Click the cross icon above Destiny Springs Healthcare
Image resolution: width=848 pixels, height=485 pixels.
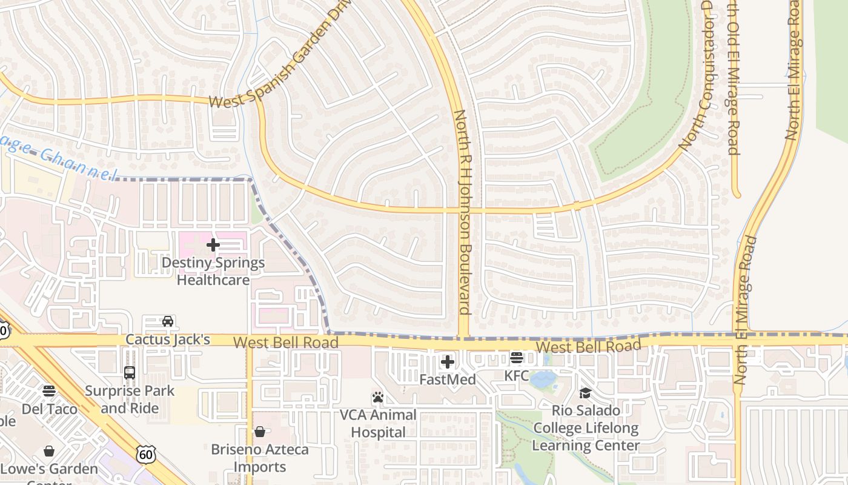click(213, 246)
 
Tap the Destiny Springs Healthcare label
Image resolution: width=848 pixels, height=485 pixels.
click(213, 272)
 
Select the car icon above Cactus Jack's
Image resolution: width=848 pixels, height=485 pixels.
click(168, 321)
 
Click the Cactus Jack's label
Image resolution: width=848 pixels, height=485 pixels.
click(168, 339)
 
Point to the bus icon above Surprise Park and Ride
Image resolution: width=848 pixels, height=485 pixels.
click(129, 372)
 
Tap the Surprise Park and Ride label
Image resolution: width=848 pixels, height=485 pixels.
click(129, 400)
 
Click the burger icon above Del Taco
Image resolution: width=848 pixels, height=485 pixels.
click(49, 391)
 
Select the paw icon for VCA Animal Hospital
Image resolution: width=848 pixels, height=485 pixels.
click(378, 398)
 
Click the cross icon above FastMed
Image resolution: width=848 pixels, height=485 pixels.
click(448, 363)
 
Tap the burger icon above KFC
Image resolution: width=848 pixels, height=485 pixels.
click(516, 358)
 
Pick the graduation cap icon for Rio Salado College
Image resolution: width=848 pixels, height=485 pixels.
click(585, 393)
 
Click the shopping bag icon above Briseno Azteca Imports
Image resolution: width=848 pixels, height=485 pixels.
click(260, 432)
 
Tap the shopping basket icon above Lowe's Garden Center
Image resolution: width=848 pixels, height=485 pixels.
click(49, 451)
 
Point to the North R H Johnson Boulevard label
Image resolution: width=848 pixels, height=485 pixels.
click(463, 212)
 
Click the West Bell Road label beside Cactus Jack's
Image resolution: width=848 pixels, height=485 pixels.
click(285, 343)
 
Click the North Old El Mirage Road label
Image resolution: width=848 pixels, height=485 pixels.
click(733, 79)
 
